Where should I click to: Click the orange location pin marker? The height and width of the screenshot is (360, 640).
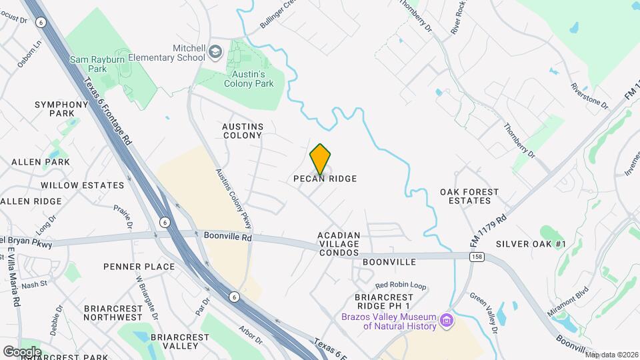pos(320,159)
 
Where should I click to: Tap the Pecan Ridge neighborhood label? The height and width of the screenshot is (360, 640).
pos(325,179)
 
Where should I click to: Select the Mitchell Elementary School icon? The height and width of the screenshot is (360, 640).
pos(215,52)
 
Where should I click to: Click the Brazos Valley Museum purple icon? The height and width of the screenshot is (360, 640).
pos(445,321)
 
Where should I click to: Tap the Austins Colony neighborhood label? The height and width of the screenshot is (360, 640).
pos(243,131)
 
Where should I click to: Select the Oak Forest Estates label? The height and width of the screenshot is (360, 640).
pos(469,196)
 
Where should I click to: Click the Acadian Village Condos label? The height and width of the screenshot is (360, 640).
pos(339,239)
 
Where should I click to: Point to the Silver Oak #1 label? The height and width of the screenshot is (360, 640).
pos(531,244)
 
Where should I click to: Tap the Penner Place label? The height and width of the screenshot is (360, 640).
pos(139,267)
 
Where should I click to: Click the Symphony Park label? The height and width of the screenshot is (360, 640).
pos(61,109)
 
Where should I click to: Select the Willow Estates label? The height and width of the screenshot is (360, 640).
pos(83,185)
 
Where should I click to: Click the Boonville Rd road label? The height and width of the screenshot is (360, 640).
pos(228,237)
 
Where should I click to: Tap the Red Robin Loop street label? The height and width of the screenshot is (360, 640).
pos(401,285)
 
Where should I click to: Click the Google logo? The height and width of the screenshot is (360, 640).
pos(21,351)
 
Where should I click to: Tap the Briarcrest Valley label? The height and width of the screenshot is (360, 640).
pos(174,341)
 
